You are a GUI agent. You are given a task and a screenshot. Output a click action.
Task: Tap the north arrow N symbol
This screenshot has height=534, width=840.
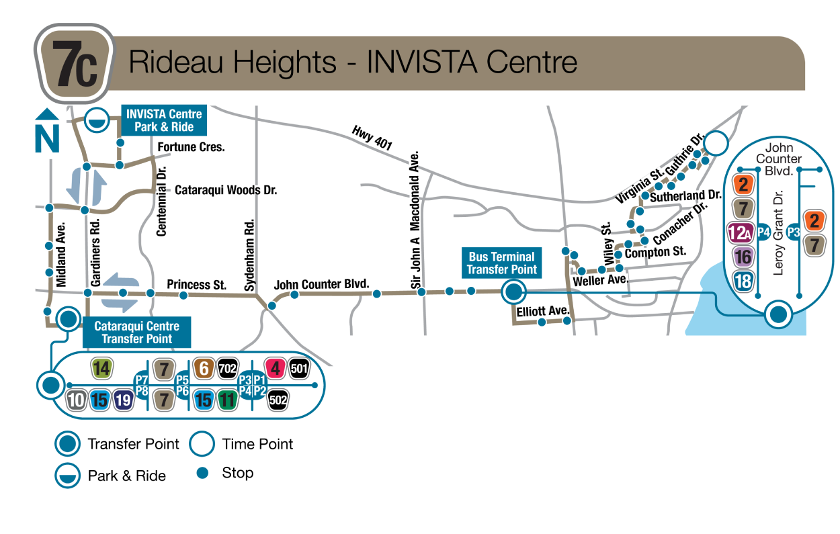click(47, 132)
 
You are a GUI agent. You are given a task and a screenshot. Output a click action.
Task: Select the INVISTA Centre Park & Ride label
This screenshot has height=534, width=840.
click(164, 120)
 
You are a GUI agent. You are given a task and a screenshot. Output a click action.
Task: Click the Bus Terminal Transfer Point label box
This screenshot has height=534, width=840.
click(502, 263)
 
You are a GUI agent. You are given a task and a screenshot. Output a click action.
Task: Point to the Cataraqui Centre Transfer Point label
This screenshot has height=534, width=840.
click(136, 332)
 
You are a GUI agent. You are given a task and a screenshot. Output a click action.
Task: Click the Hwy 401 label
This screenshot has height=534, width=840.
click(372, 136)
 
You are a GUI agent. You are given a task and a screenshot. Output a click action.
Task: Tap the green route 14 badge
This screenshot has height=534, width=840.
click(101, 368)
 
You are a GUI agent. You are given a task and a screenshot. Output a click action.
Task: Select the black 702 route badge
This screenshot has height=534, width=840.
click(228, 368)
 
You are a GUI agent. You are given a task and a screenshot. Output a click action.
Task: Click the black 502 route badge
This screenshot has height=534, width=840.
click(278, 400)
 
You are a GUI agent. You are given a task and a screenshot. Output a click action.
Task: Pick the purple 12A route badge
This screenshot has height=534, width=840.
click(741, 232)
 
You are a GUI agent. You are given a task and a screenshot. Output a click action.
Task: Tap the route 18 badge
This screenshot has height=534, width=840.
click(743, 280)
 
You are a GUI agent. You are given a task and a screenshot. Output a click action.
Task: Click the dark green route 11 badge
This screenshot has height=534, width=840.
click(228, 400)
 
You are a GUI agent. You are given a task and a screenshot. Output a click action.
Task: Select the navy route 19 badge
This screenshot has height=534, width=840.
click(123, 400)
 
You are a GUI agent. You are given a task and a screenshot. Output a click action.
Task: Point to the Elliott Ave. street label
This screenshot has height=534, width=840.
click(543, 311)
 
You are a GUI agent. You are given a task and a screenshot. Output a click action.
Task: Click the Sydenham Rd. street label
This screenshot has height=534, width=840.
click(249, 255)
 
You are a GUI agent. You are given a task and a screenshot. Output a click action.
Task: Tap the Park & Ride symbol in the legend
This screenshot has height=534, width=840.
click(67, 476)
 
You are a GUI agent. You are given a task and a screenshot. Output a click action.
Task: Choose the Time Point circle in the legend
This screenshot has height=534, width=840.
click(202, 444)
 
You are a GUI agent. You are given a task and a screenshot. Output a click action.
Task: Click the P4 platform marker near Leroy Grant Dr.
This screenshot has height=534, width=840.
click(763, 232)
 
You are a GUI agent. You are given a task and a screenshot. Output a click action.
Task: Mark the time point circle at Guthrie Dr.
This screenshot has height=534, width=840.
click(716, 142)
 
